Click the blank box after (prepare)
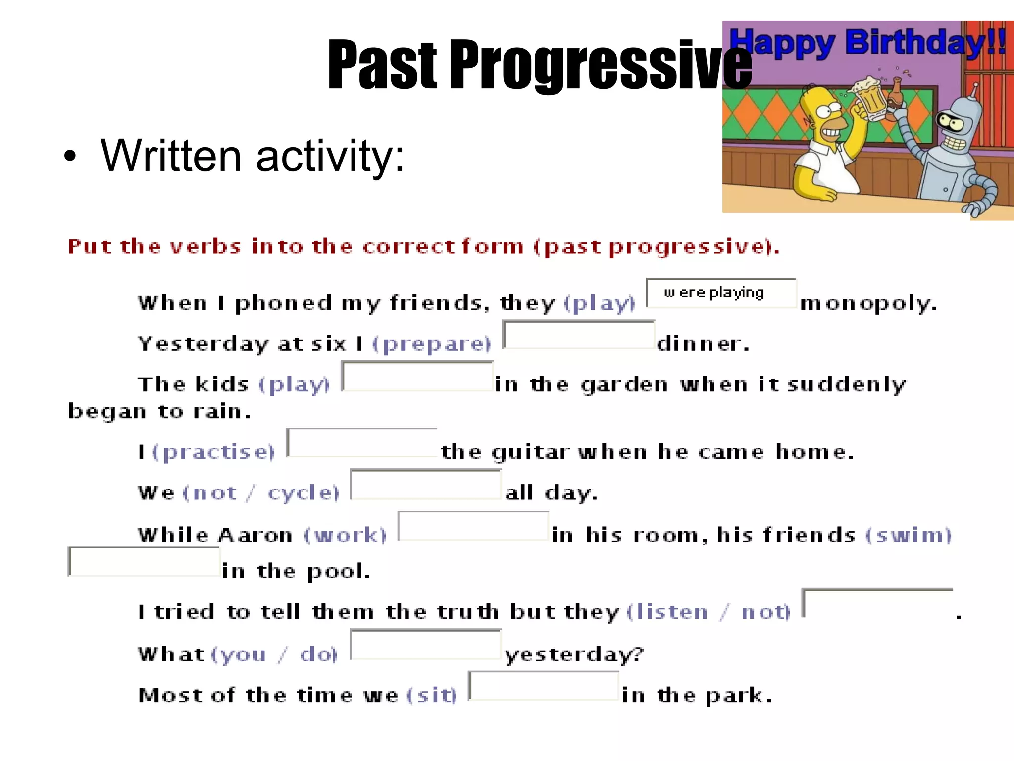coord(578,335)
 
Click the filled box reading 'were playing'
coord(721,293)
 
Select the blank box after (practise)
coord(362,442)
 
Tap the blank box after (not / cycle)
coord(426,485)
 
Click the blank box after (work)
coord(473,526)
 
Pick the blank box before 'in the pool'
coord(144,562)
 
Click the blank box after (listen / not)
coord(877,603)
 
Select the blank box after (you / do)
coord(426,645)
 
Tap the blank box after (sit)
coord(544,686)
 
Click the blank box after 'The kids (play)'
coord(417,377)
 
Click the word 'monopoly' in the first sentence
coord(868,303)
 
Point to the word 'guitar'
coord(530,453)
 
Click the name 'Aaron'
coord(255,536)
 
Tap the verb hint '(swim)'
coord(908,536)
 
